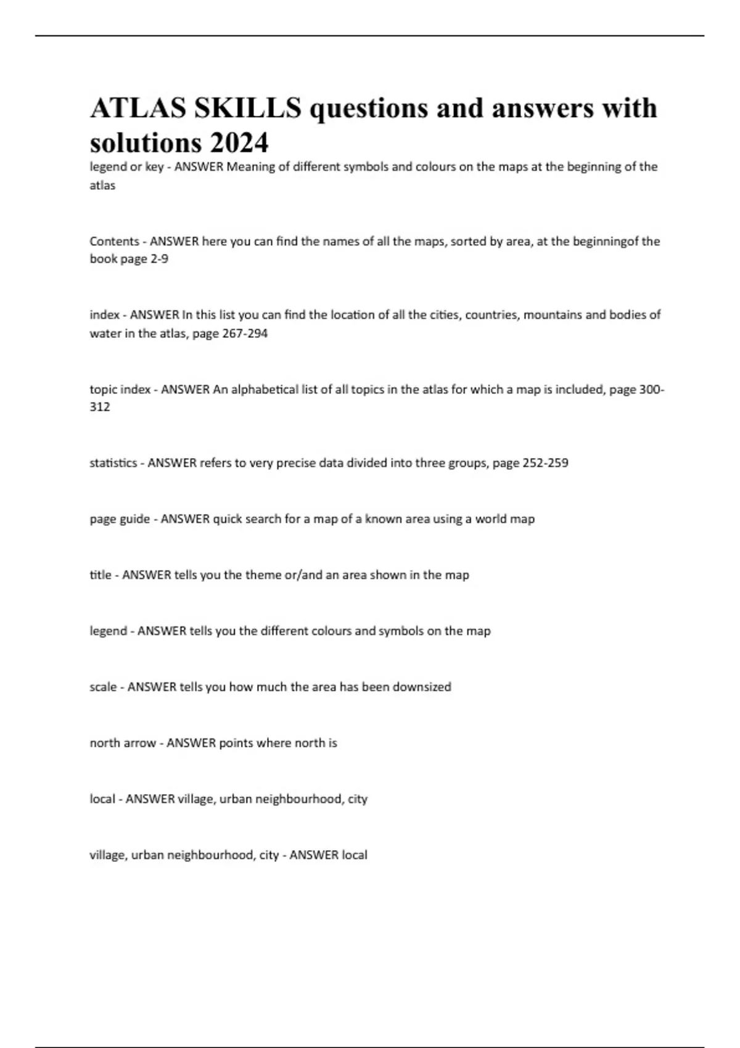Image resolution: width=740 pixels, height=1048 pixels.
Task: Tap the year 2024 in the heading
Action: tap(239, 144)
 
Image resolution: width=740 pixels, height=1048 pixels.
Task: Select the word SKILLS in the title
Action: tap(248, 108)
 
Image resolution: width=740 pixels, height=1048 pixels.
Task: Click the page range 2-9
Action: tap(159, 259)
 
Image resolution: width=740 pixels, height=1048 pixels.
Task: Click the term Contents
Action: tap(114, 241)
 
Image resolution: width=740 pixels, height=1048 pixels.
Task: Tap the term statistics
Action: tap(113, 463)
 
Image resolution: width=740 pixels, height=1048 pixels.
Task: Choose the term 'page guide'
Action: tap(120, 519)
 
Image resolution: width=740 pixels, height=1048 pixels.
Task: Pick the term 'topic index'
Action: tap(120, 390)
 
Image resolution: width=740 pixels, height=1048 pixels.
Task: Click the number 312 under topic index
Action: tap(100, 407)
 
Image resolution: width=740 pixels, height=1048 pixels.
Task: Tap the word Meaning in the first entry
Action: tap(250, 167)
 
